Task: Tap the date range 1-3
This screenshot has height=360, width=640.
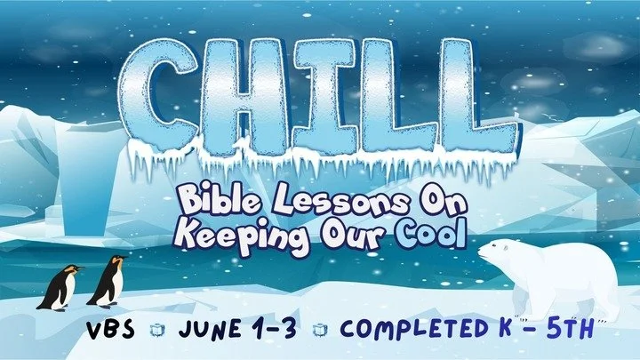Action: (x=279, y=328)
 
